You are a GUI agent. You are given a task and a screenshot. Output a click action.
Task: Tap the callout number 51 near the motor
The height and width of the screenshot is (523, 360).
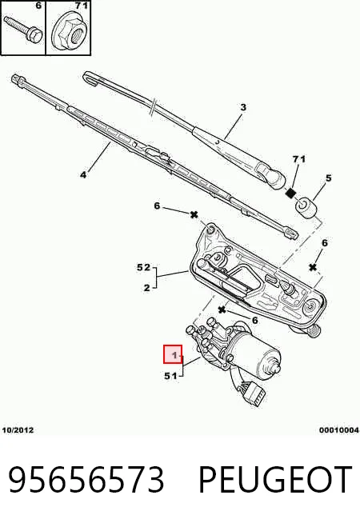(170, 376)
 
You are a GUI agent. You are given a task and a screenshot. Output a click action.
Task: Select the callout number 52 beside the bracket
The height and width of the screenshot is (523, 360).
(144, 268)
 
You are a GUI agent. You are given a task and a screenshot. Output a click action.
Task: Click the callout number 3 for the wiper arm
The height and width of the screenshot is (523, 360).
(243, 107)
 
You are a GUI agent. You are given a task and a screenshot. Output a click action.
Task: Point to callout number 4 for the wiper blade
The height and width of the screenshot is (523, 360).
(83, 174)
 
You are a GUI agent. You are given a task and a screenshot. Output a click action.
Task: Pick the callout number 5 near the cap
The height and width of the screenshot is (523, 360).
(329, 178)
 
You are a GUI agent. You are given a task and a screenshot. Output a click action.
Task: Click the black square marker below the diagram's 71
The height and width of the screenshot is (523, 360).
(292, 193)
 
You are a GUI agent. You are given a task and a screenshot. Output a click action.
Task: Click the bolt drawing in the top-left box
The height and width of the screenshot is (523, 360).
(23, 28)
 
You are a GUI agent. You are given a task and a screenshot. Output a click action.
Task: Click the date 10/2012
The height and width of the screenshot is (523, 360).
(18, 430)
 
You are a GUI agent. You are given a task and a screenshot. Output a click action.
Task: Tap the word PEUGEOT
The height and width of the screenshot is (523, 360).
(275, 480)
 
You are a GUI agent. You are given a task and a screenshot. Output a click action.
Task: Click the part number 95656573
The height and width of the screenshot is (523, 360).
(86, 480)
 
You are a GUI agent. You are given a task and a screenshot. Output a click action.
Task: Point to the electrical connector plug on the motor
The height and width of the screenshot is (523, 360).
(254, 394)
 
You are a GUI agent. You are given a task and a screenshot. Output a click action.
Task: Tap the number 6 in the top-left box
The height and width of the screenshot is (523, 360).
(38, 6)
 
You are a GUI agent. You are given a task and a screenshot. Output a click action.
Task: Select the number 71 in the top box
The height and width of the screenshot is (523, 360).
(81, 6)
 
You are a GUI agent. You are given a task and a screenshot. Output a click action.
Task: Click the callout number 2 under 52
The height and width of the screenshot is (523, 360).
(147, 287)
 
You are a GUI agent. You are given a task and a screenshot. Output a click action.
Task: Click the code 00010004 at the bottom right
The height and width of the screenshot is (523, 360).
(339, 430)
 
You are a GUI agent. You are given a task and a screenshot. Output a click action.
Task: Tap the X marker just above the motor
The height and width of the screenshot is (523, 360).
(222, 310)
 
